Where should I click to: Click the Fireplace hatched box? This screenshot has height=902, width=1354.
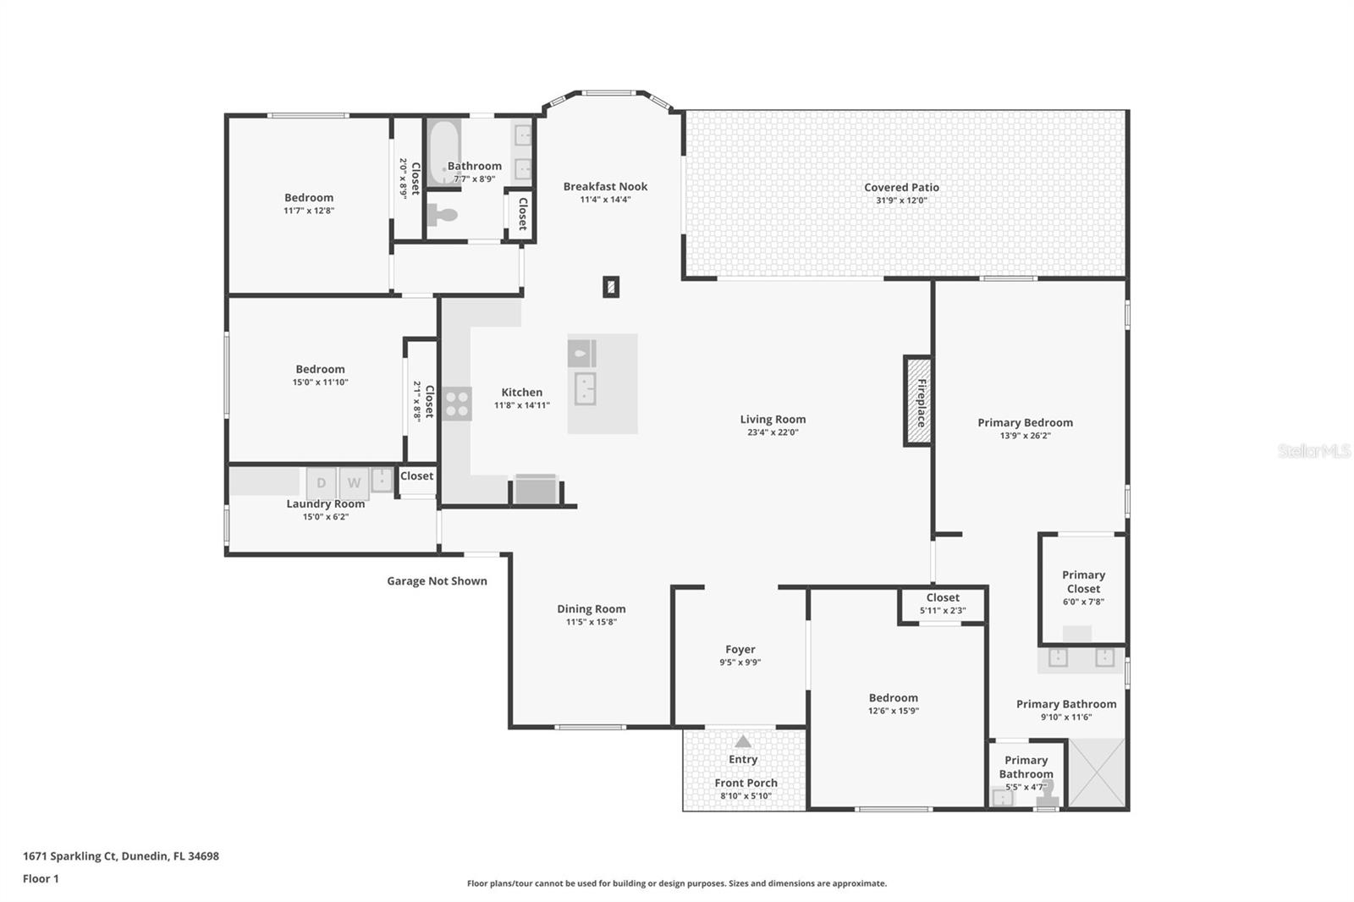918,401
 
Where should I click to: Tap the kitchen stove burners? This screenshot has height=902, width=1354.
457,404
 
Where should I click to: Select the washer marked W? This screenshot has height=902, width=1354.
355,483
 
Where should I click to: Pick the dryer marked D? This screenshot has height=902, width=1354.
322,483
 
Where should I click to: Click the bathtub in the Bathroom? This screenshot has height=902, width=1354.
442,152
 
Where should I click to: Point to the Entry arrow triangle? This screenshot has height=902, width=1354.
742,742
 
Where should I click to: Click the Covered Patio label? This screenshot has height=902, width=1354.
901,188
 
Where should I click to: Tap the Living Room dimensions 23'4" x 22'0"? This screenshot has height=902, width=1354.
773,432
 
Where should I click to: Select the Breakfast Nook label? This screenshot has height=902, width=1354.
605,187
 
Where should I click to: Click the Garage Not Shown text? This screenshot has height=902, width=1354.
437,581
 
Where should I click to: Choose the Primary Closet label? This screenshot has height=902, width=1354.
1083,582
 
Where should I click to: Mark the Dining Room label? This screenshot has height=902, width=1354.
592,609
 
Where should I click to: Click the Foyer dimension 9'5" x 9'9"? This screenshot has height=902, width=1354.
740,663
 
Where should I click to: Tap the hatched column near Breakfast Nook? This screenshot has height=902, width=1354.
611,287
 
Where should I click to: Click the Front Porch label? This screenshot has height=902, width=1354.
746,784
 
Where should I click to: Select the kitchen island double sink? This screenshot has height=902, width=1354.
585,389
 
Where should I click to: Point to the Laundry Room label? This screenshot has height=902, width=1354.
326,504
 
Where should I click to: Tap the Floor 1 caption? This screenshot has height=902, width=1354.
41,879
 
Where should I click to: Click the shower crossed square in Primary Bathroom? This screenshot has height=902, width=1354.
1097,773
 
